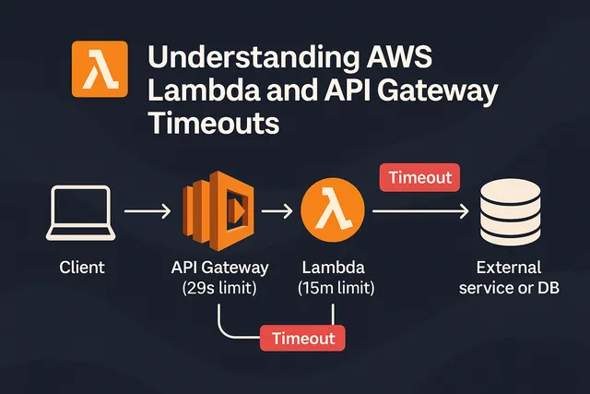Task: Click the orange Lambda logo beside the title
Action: tap(97, 70)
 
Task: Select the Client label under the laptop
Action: tap(82, 269)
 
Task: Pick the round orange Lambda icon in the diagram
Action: tap(326, 212)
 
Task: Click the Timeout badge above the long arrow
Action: tap(419, 178)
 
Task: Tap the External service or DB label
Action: tap(517, 279)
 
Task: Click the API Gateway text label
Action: tap(219, 269)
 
